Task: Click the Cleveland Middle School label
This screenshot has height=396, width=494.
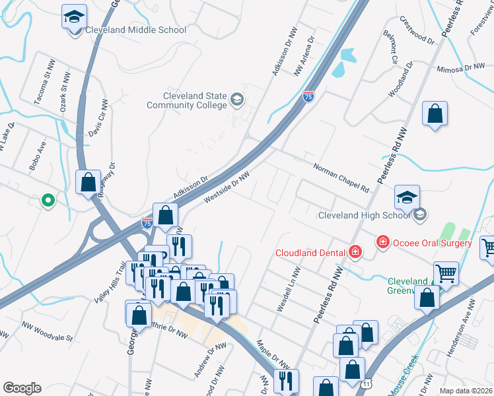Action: point(141,30)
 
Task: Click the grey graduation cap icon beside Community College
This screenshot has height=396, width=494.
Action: point(236,100)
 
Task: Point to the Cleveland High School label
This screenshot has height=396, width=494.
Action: point(364,215)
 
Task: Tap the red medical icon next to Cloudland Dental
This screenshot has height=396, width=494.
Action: point(355,251)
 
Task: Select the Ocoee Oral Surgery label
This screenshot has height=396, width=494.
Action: point(432,243)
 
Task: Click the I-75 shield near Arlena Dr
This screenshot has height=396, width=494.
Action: point(308,96)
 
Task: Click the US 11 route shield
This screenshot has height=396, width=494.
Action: point(367,383)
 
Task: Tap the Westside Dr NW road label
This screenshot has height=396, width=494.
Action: point(227,186)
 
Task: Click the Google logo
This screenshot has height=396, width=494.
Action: point(22,388)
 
